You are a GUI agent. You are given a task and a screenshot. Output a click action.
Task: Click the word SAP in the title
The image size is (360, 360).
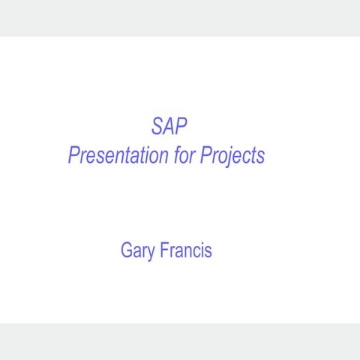coord(165,125)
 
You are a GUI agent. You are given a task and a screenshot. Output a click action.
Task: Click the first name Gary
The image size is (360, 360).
coord(138,250)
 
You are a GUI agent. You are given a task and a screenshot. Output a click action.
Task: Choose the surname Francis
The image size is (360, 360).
coord(186,250)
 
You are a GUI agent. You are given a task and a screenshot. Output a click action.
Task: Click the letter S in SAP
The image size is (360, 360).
coord(157,125)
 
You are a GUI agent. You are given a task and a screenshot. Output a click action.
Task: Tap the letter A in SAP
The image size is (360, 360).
coord(166,125)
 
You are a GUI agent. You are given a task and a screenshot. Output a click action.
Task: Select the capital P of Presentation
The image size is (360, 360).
coord(73,156)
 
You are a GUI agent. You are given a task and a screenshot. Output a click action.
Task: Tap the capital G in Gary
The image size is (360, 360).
coord(127,250)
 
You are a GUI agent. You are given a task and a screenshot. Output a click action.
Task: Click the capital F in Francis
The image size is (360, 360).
coord(164,250)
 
